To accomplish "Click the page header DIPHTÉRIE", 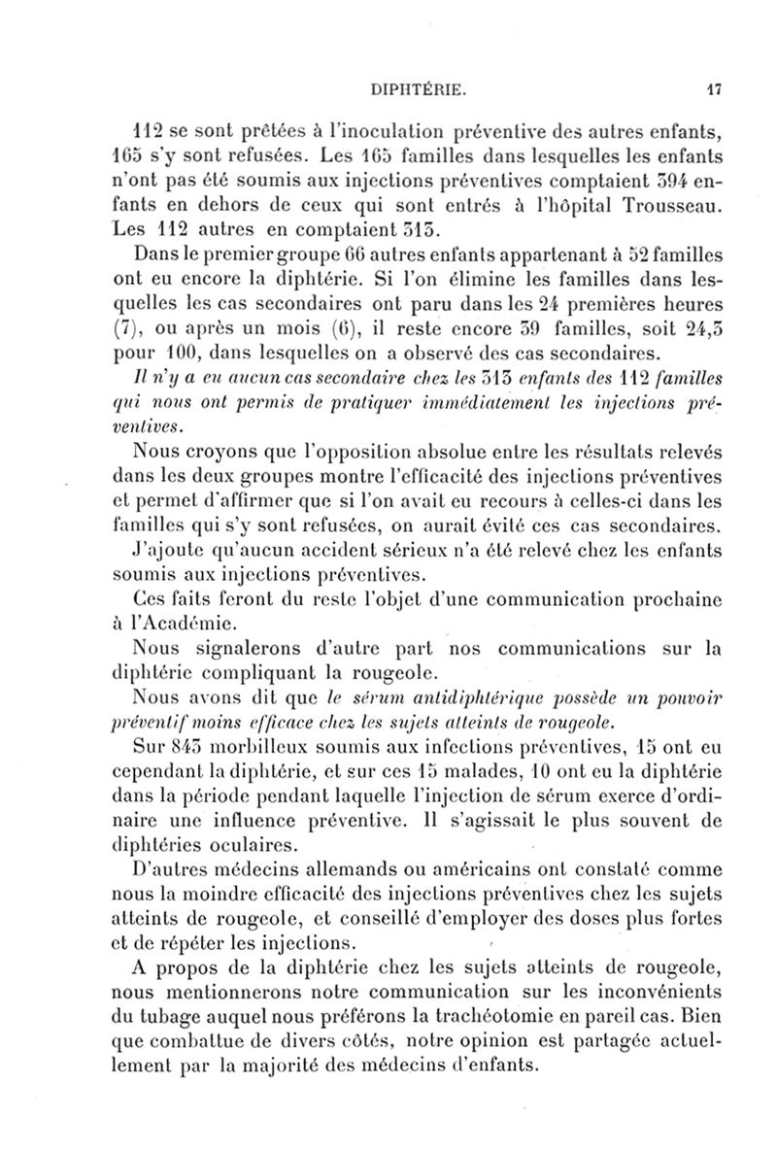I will [421, 91].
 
